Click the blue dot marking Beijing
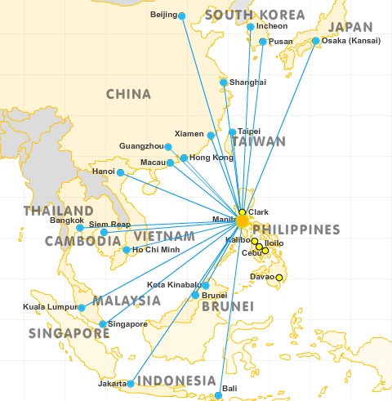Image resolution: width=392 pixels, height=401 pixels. [x=181, y=16]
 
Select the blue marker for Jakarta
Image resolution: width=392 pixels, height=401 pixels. [x=130, y=383]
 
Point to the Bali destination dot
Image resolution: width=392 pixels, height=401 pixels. [x=218, y=396]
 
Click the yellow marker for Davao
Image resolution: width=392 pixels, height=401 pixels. [x=279, y=278]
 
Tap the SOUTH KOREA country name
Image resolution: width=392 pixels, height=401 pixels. [x=256, y=15]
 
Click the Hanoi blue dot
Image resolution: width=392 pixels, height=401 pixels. [x=120, y=172]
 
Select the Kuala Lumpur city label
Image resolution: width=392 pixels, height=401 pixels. [x=49, y=308]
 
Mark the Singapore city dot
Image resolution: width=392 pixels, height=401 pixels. [x=102, y=324]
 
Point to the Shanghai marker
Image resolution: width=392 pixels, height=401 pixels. [x=224, y=82]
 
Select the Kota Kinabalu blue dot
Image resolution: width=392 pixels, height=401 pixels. [x=205, y=285]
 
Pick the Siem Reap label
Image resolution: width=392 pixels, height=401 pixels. [x=109, y=223]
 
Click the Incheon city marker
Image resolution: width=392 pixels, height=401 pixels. [x=251, y=27]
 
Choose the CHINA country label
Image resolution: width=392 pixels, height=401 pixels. [x=129, y=95]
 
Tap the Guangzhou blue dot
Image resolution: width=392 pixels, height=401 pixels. [x=168, y=147]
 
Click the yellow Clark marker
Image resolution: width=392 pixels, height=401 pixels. [x=242, y=212]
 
